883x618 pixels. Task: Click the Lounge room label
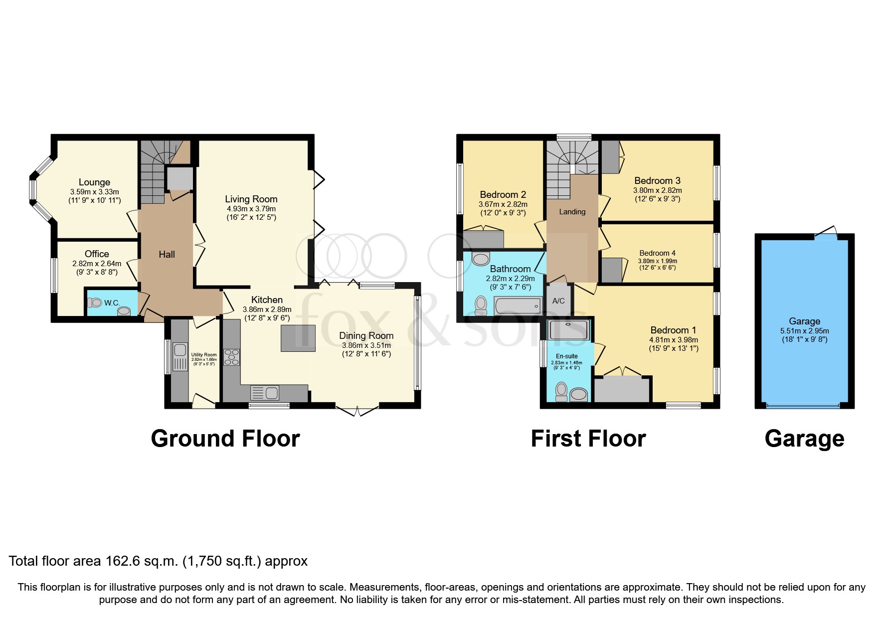pos(94,182)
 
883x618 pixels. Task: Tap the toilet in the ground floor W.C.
pos(95,303)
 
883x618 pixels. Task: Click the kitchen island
pos(298,338)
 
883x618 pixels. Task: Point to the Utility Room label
pos(204,355)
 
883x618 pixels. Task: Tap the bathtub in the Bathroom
pos(518,306)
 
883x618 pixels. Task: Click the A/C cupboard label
pos(558,301)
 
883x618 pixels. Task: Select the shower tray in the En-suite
pos(568,329)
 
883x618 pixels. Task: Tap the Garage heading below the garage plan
pos(804,439)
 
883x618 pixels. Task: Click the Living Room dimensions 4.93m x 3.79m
pos(250,209)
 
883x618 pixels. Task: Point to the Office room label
pos(97,254)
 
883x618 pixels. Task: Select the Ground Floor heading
pos(225,439)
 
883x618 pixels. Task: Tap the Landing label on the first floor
pos(572,212)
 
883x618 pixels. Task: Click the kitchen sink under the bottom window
pos(265,393)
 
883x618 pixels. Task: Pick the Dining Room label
pos(366,336)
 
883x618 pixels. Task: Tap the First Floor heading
pos(588,439)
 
